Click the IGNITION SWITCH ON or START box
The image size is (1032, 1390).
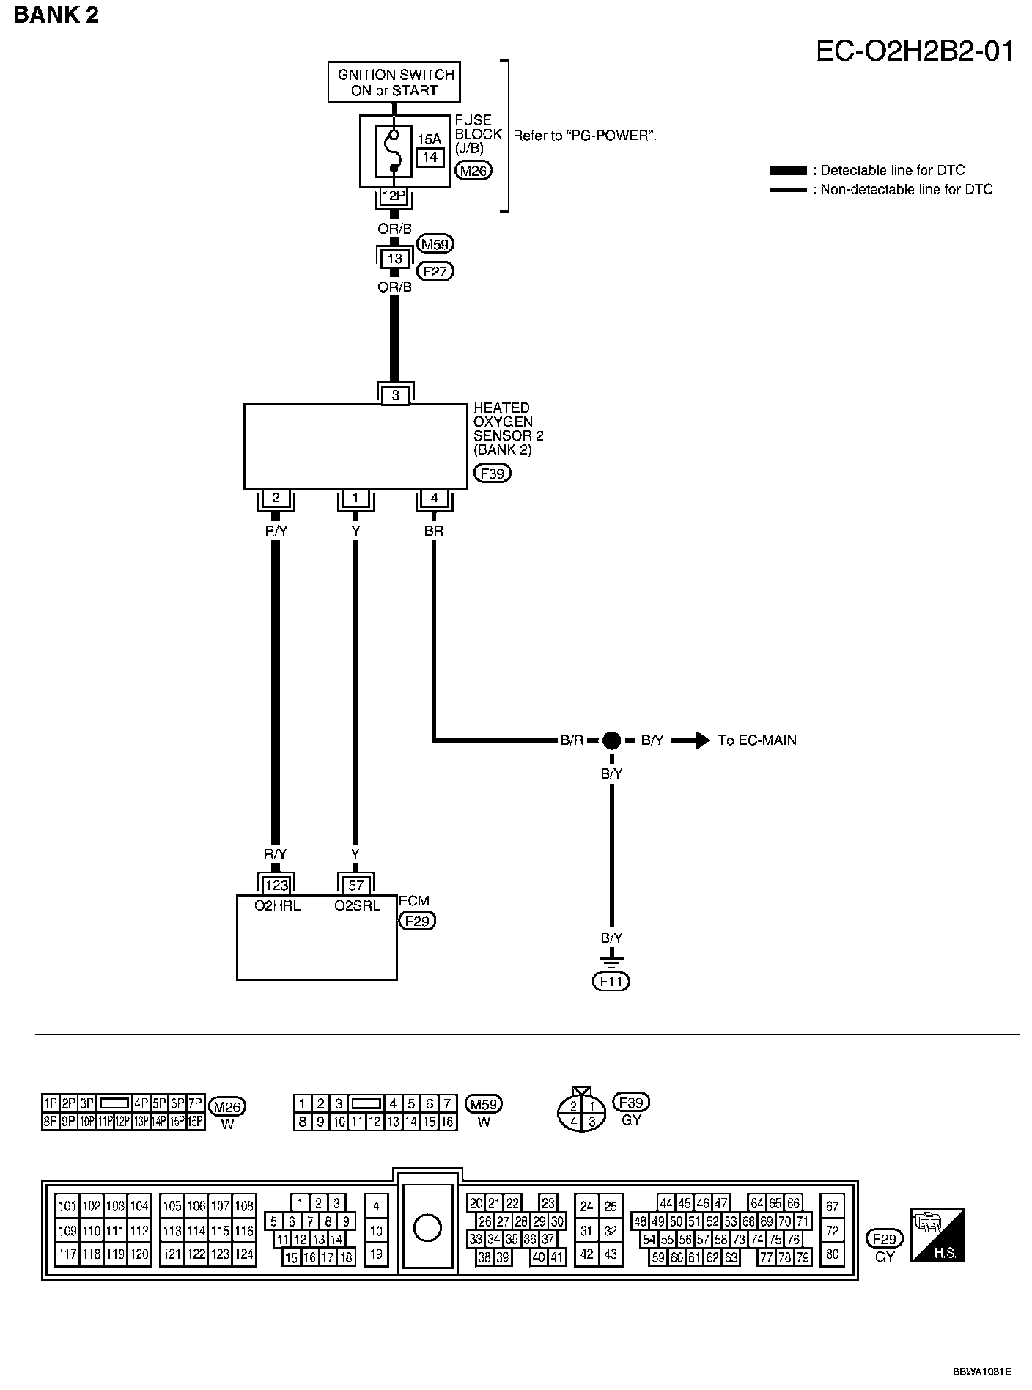[394, 82]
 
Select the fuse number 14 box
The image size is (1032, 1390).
[430, 157]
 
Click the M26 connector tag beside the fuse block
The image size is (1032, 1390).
[473, 171]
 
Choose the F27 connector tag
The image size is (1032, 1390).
[435, 271]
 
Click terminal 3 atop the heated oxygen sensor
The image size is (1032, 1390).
[395, 396]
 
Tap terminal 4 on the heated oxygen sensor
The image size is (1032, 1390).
[434, 498]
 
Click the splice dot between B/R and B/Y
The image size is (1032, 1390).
[611, 740]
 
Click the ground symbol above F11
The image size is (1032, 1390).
[611, 958]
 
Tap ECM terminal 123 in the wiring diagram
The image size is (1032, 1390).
[276, 886]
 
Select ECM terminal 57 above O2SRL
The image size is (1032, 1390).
[355, 886]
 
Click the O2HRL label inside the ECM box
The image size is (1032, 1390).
[276, 905]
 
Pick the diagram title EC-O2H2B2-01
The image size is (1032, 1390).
[915, 52]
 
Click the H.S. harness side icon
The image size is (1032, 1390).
[937, 1235]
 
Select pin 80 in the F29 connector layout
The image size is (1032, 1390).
[832, 1254]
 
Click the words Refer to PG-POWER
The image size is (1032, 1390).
[584, 136]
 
